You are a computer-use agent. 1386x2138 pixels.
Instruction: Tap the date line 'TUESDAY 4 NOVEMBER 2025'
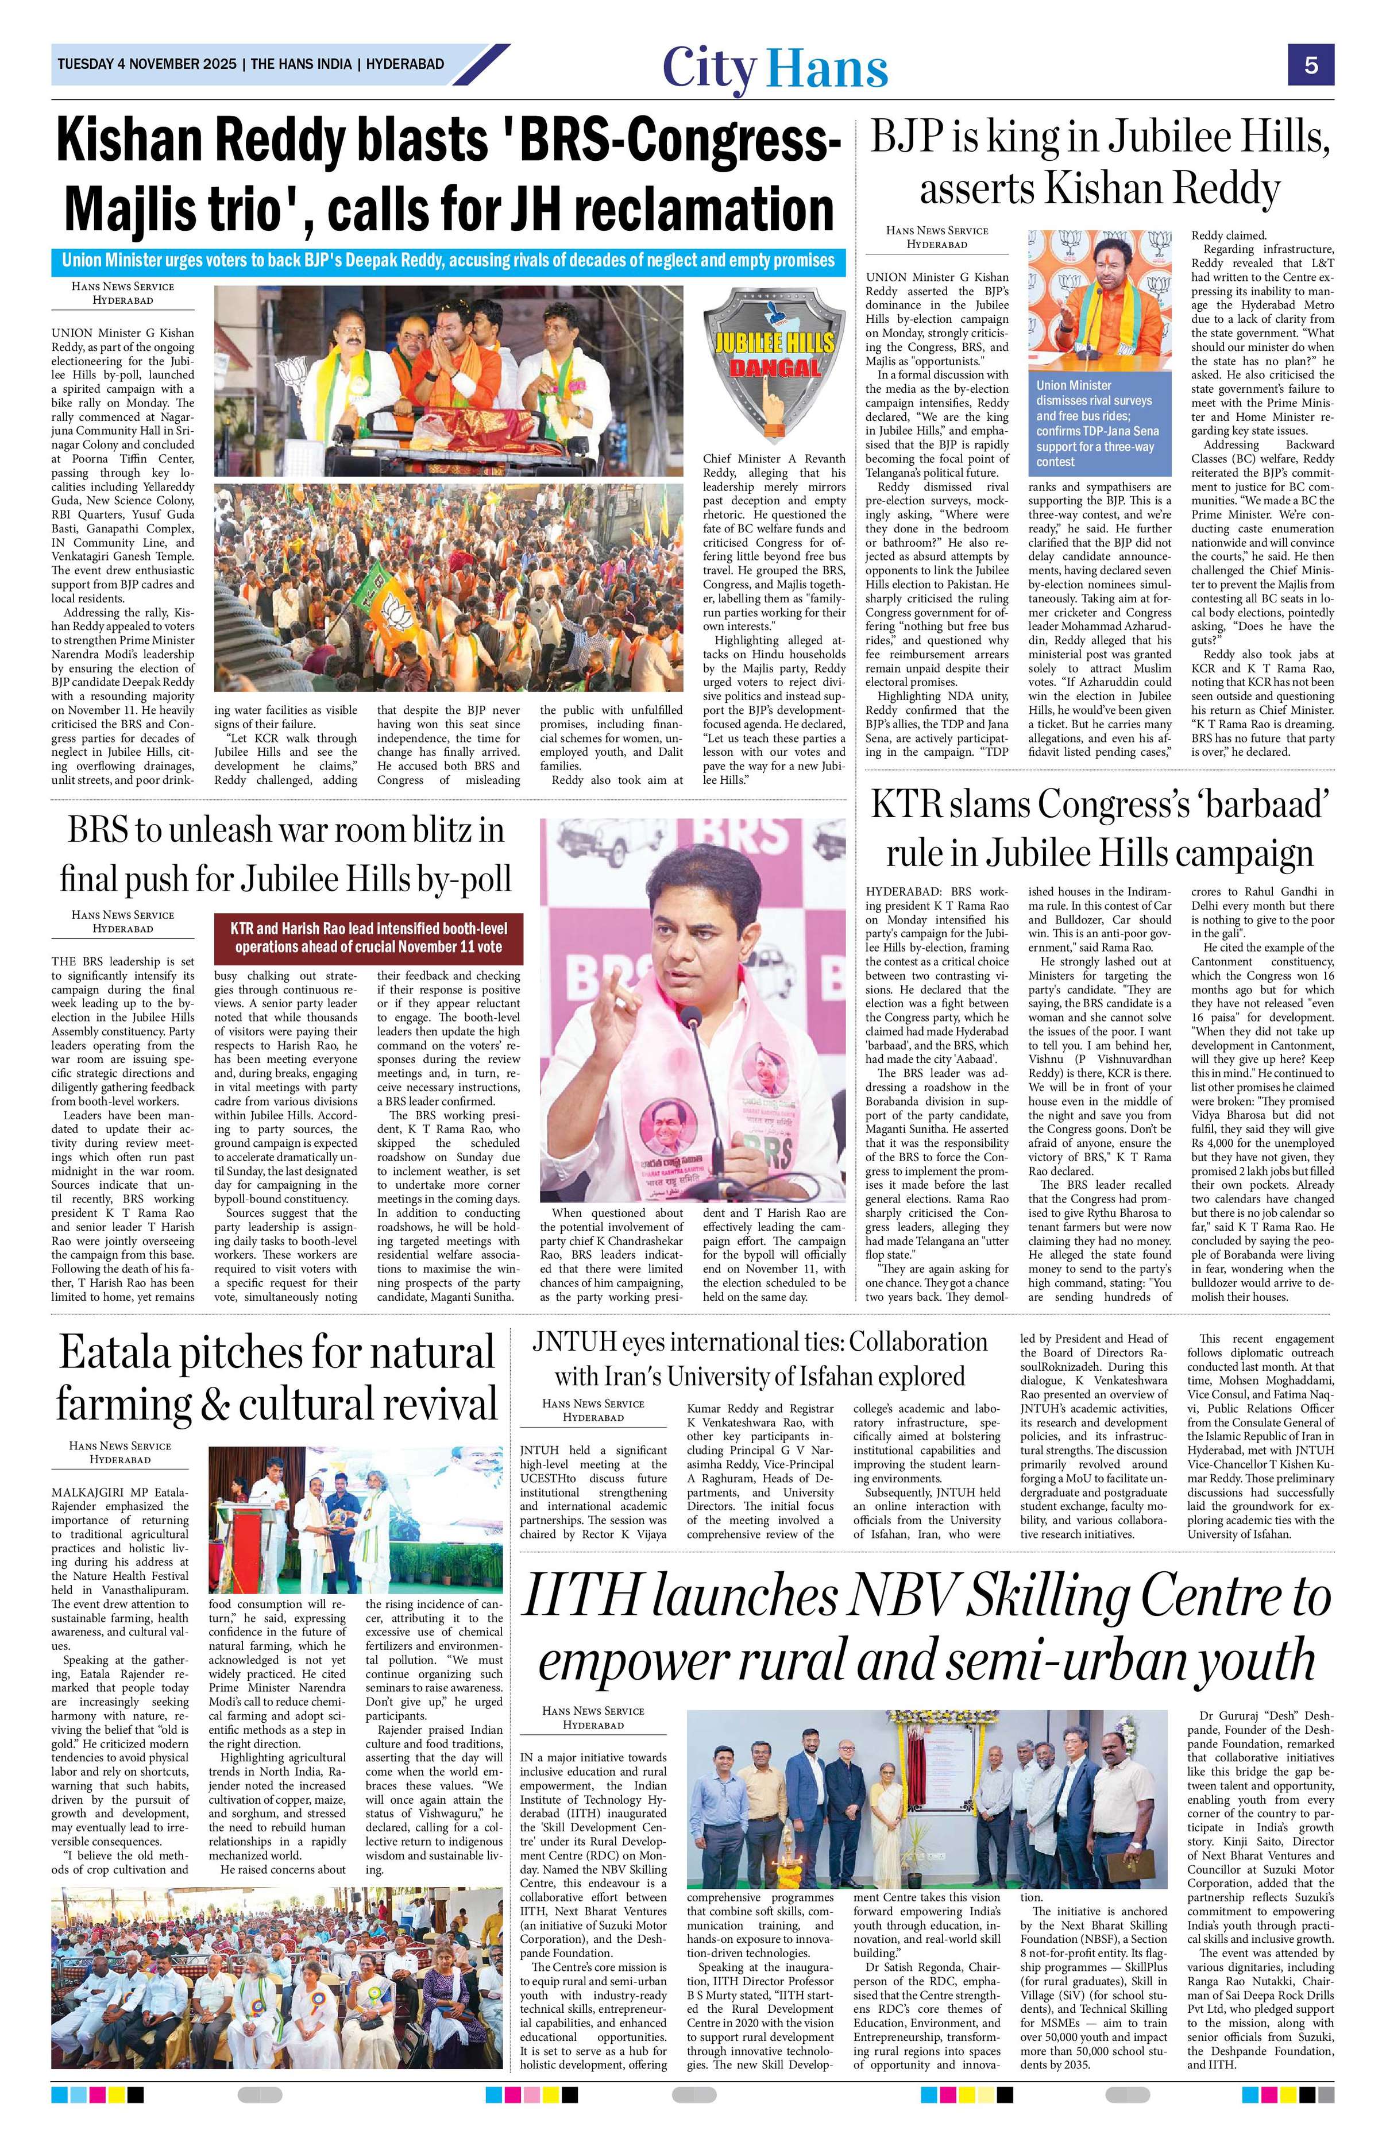(147, 65)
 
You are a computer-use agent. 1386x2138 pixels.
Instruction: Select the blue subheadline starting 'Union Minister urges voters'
(447, 261)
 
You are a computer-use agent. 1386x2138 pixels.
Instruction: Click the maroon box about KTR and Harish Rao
(368, 939)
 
